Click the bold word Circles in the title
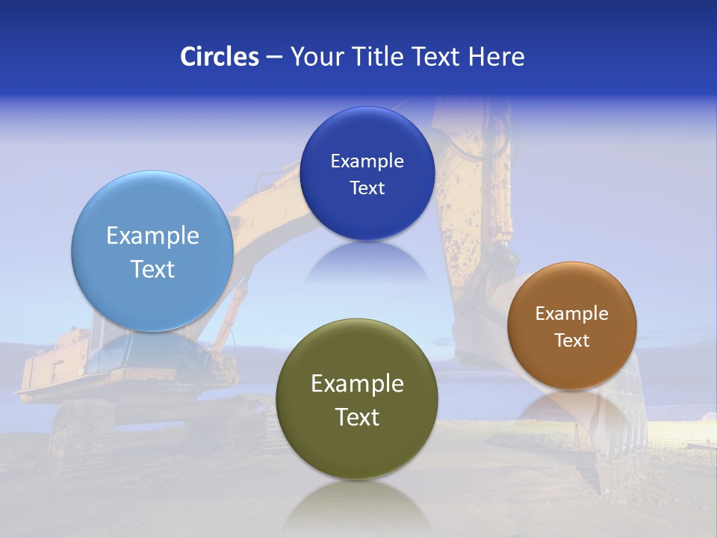(220, 57)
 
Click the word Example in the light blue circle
(152, 236)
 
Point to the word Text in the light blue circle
(152, 269)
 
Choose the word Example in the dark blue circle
(367, 161)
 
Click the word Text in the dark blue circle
(367, 188)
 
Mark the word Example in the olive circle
(357, 384)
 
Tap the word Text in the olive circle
(357, 417)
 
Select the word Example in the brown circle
(571, 314)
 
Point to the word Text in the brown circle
(571, 340)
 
